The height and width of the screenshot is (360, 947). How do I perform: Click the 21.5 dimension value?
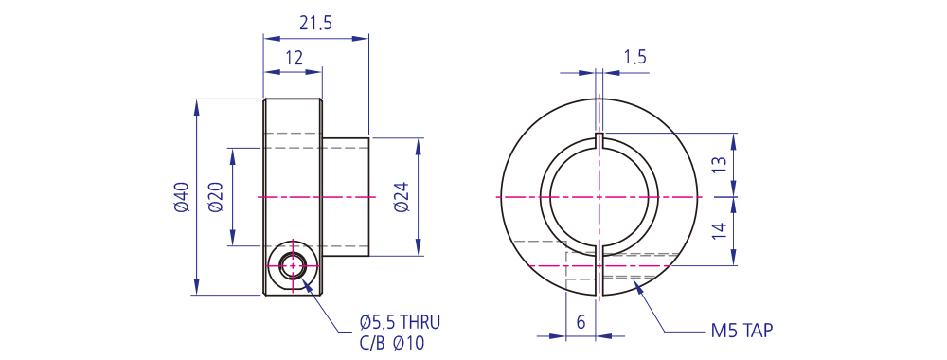[316, 23]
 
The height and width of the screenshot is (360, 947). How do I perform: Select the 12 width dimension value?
[294, 58]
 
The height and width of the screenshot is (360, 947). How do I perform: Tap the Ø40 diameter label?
[181, 197]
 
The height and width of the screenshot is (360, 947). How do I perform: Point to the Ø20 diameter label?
[216, 197]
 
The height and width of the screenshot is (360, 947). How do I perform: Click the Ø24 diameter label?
[402, 197]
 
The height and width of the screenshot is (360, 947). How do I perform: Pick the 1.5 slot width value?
[634, 58]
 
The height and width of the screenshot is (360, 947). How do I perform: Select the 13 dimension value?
[719, 163]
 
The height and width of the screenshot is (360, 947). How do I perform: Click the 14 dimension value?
[719, 231]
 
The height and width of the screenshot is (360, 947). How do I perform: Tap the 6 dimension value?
[581, 322]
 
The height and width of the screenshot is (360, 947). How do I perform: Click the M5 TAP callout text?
[742, 331]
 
